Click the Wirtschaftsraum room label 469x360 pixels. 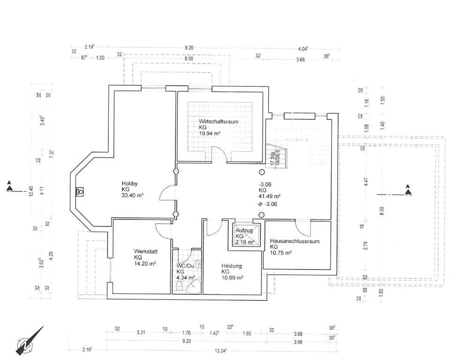click(x=218, y=121)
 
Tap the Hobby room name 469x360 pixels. click(x=129, y=183)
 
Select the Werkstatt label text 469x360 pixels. click(x=145, y=251)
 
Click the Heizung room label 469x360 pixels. click(x=232, y=266)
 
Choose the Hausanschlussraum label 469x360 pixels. click(x=295, y=241)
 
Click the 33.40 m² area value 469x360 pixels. click(x=132, y=195)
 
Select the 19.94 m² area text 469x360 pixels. click(x=210, y=134)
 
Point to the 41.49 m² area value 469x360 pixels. click(x=269, y=196)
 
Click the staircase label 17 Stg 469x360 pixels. click(x=272, y=158)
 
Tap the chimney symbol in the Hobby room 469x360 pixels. click(x=80, y=191)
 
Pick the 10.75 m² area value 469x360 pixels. click(x=281, y=253)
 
